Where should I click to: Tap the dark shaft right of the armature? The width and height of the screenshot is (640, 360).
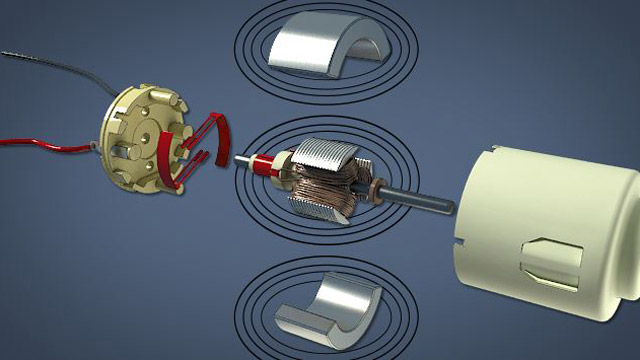click(420, 201)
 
